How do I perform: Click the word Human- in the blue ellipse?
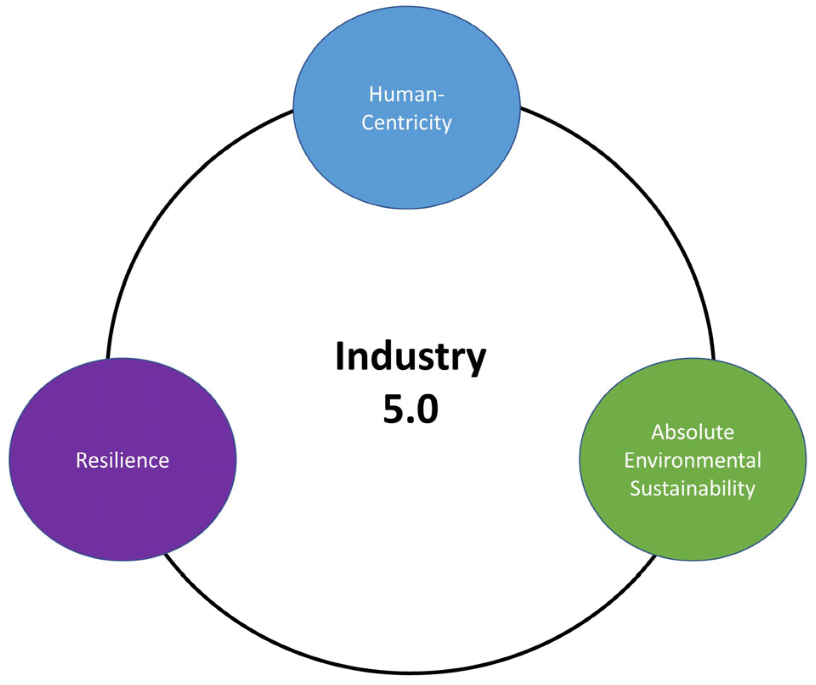pos(406,94)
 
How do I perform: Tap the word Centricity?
pos(407,123)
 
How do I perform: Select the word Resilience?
pos(122,460)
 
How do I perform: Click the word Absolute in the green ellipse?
pos(693,433)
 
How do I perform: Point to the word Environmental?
pos(693,460)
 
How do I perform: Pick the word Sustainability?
pos(693,488)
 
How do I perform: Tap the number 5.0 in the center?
pos(410,409)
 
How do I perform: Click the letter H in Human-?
pos(375,94)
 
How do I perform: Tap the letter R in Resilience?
pos(81,460)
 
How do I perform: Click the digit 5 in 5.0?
pos(393,409)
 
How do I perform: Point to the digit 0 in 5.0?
pos(427,409)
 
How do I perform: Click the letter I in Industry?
pos(340,356)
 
